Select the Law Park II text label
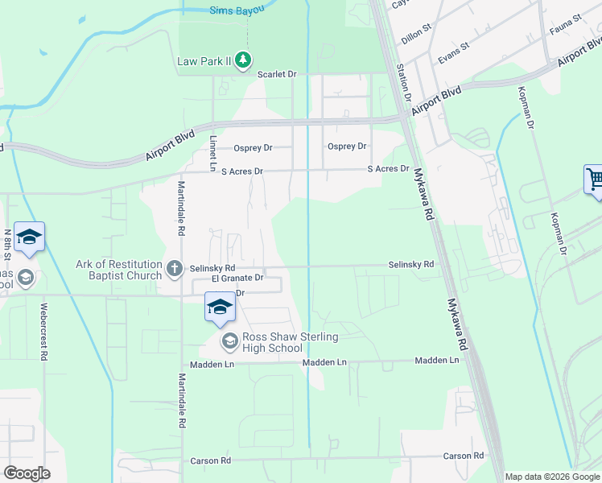coord(205,61)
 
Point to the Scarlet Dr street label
coord(277,74)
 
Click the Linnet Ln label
coord(213,152)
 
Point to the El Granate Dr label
coord(238,278)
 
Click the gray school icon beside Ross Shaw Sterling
coord(229,342)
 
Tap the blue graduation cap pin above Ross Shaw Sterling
coord(219,307)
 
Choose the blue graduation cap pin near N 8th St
coord(29,237)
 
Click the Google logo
coord(27,473)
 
